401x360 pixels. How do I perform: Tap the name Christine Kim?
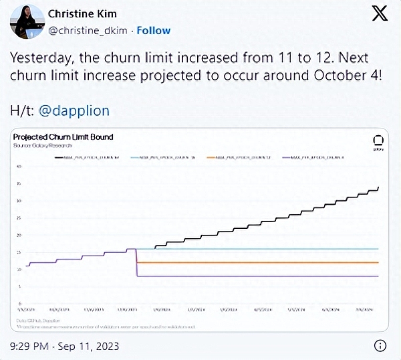(x=84, y=14)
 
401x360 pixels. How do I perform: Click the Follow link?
(x=154, y=30)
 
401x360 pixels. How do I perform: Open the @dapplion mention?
(x=73, y=110)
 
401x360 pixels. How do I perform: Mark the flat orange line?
(x=267, y=262)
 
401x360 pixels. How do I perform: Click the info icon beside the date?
(x=379, y=345)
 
